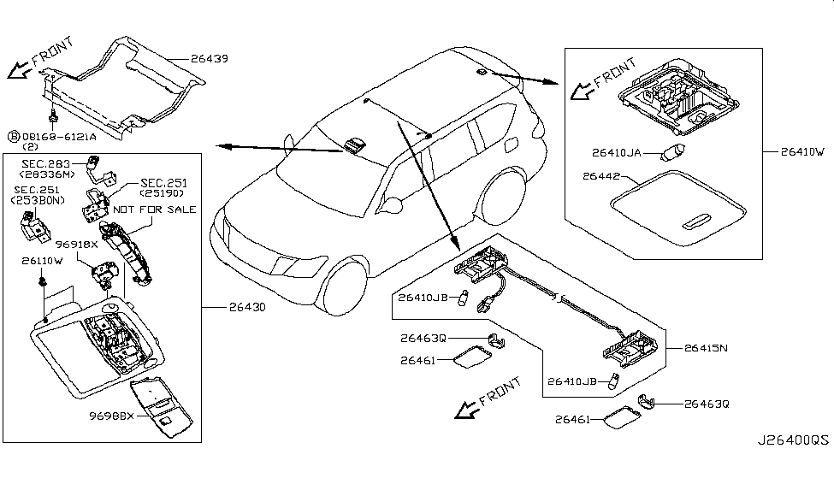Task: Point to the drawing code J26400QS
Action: click(791, 440)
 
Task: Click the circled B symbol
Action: click(13, 136)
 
